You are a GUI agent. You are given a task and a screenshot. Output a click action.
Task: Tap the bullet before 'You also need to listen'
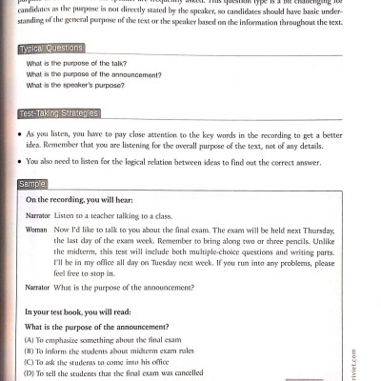click(20, 162)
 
